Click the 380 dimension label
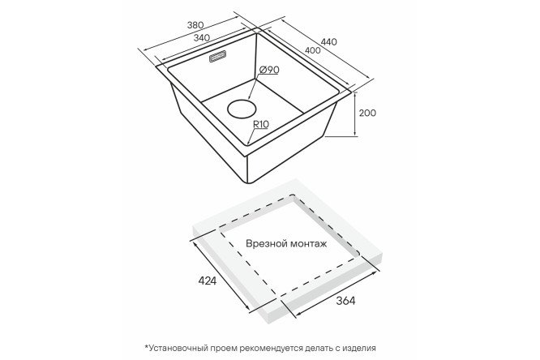[195, 25]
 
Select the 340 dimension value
[201, 38]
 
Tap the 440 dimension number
[329, 42]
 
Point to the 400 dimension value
[313, 50]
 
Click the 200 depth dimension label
[367, 113]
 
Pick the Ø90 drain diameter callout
[268, 70]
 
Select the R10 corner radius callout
[261, 124]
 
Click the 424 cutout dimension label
[208, 281]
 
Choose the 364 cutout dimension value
[345, 301]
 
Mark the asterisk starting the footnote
[147, 346]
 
